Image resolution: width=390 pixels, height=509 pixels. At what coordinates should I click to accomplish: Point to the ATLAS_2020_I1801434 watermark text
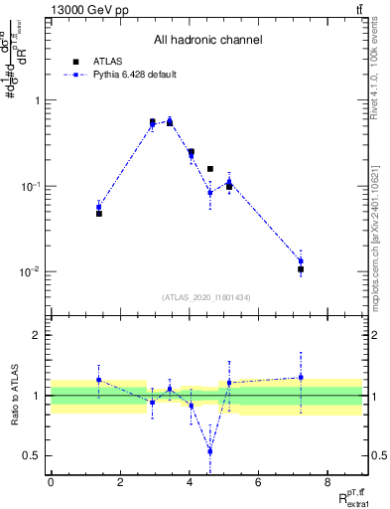point(207,297)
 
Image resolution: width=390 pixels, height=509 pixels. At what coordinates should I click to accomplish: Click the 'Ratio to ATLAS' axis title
point(14,395)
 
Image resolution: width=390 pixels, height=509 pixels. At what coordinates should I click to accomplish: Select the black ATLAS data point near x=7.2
point(300,269)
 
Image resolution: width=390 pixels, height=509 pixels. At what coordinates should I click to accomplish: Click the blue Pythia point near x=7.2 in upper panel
point(300,260)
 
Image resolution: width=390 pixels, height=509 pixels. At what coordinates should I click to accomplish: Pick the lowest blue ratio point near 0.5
point(209,450)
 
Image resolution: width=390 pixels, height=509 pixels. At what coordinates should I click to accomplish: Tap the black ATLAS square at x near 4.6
point(209,169)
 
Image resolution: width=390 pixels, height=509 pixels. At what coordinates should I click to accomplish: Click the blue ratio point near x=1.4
point(99,380)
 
